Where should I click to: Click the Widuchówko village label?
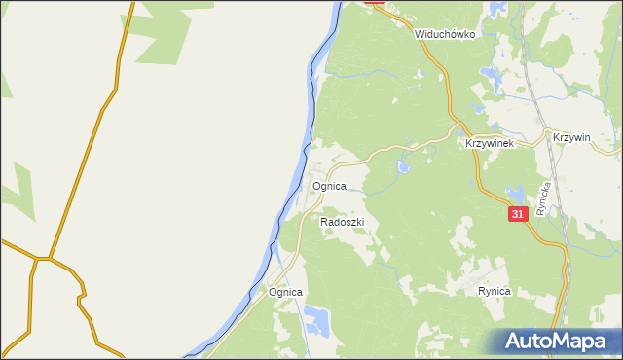[x=444, y=33]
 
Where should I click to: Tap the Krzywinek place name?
[x=489, y=142]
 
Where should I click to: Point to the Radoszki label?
[x=342, y=223]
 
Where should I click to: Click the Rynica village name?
[x=495, y=291]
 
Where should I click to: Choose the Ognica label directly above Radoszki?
[x=328, y=185]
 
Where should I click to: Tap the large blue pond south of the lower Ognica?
[x=316, y=317]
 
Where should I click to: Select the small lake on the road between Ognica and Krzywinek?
[x=403, y=167]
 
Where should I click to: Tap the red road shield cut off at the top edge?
[x=374, y=3]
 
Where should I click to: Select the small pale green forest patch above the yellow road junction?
[x=19, y=184]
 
